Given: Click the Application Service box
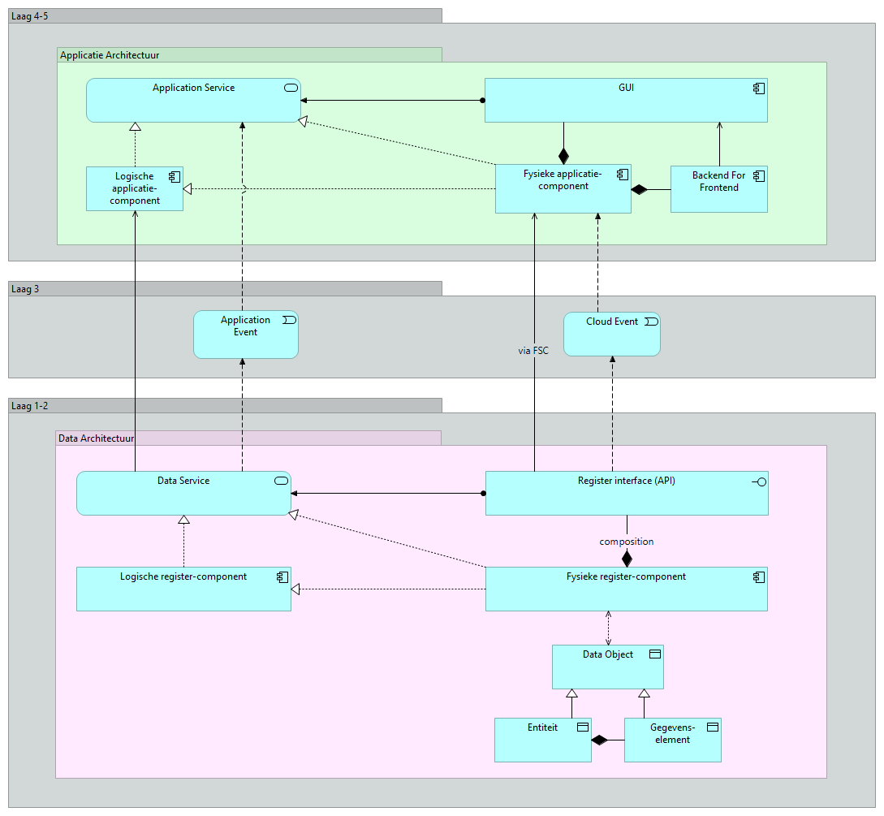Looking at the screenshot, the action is click(x=193, y=101).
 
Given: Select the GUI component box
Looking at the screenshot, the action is click(x=626, y=101).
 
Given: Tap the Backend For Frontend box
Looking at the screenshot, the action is click(x=719, y=189).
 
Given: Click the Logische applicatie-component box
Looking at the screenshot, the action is click(x=135, y=188).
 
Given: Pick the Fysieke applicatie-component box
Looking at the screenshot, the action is click(x=563, y=189).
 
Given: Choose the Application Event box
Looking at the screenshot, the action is click(x=246, y=335).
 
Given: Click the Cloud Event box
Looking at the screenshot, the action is click(x=612, y=334).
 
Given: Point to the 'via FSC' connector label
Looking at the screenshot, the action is click(x=533, y=351).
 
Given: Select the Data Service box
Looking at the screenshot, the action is click(x=183, y=494).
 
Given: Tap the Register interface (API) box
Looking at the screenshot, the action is click(x=627, y=494).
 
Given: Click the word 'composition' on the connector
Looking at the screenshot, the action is click(x=627, y=542).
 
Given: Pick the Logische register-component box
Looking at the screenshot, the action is click(x=183, y=589).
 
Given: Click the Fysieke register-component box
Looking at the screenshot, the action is click(x=627, y=589).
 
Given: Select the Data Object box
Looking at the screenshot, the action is click(x=608, y=667).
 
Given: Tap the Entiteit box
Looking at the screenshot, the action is click(x=543, y=740).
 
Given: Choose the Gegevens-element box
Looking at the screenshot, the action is click(x=673, y=740).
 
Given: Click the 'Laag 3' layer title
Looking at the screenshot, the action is click(x=25, y=289).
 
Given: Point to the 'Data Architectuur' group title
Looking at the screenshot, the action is click(x=97, y=438).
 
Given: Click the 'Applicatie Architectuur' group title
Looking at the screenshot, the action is click(x=110, y=55).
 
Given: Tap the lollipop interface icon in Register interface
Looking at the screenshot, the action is click(x=759, y=482).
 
